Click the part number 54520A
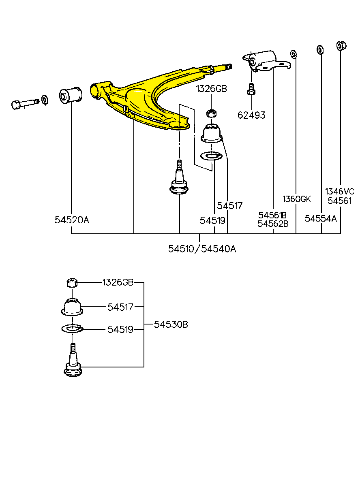coord(72,220)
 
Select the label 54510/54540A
coord(202,249)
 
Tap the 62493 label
coord(251,115)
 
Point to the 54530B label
coord(171,324)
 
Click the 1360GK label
coord(297,199)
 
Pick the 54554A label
coord(321,218)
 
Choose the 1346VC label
coord(340,191)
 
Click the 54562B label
coord(273,224)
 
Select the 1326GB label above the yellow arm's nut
coord(211,89)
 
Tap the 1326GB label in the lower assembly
coord(118,282)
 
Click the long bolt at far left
coord(25,104)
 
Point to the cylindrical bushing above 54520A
coord(71,95)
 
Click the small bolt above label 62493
coord(251,89)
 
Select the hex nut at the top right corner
coord(341,46)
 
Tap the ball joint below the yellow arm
coord(179,177)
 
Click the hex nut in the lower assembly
coord(72,282)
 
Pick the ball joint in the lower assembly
coord(73,360)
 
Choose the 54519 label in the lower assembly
coord(120,329)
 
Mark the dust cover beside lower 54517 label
coord(72,307)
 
